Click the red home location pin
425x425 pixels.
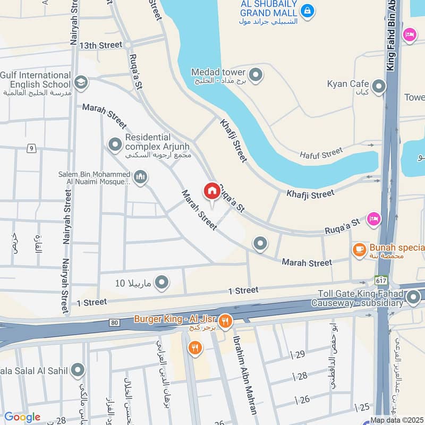tap(211, 191)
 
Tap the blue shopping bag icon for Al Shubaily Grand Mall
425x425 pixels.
tap(307, 10)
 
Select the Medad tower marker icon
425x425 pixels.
tap(256, 75)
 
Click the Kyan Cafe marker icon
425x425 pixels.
tap(378, 87)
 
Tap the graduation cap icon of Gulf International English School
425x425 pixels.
tap(81, 82)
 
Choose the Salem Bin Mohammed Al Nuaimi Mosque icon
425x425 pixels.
tap(140, 177)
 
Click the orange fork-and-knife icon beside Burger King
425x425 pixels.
tap(226, 321)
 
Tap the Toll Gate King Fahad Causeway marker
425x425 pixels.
tap(414, 299)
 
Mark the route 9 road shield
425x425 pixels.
tap(32, 148)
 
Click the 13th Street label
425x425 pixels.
tap(101, 45)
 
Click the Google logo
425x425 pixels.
tap(22, 417)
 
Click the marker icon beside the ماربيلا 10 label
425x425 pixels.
tap(161, 282)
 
